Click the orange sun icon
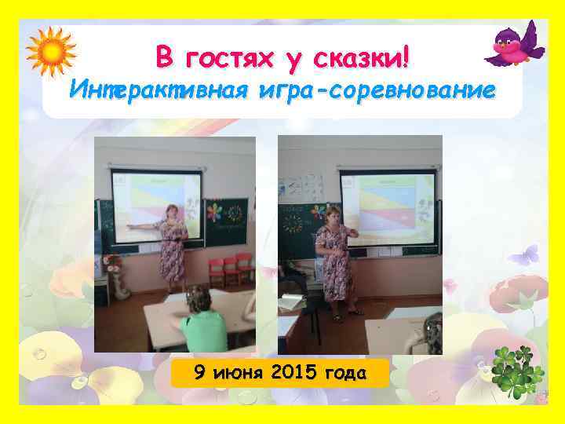[50, 51]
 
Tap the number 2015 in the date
[291, 372]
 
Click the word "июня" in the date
[239, 372]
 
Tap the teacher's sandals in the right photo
[346, 314]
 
